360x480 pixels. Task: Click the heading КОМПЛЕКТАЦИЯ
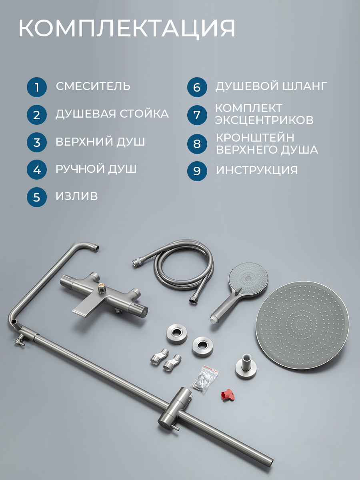(x=127, y=28)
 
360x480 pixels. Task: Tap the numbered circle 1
(x=37, y=87)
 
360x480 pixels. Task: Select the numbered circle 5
(x=37, y=197)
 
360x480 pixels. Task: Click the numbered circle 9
(x=197, y=171)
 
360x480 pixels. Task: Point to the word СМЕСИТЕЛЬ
(x=93, y=86)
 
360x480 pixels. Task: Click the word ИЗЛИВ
(x=77, y=196)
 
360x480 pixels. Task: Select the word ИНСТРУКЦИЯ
(x=257, y=170)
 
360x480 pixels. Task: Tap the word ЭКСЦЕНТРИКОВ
(x=264, y=120)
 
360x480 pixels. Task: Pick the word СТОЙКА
(x=144, y=114)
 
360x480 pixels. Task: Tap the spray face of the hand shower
(x=248, y=279)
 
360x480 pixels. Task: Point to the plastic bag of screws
(x=205, y=380)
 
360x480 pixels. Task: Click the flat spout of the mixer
(x=87, y=307)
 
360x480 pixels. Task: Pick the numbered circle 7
(x=197, y=115)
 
